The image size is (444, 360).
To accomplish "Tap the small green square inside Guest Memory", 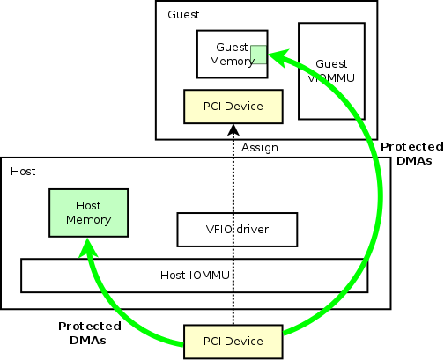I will (258, 55).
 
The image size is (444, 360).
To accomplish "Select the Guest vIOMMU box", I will (331, 70).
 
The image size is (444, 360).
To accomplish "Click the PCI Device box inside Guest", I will (233, 107).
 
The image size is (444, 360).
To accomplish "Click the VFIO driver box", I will (234, 230).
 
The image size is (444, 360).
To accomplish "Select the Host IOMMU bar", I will (194, 276).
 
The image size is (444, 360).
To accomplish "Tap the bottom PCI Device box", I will (233, 342).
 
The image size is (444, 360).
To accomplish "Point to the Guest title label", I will (182, 15).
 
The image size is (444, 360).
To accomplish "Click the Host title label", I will (23, 171).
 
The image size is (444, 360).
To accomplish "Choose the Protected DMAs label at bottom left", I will (89, 332).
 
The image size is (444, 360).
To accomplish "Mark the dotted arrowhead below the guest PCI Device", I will (233, 130).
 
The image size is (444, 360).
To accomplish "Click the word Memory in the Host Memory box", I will (87, 219).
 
